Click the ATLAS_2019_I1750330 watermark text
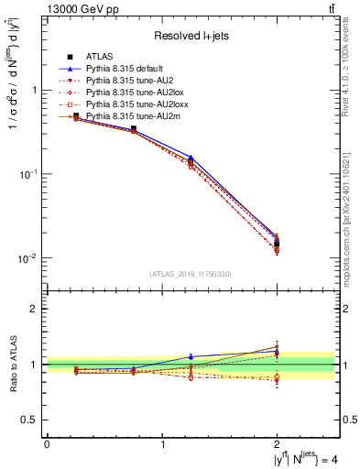click(191, 274)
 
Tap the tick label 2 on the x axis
click(278, 444)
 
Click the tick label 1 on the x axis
click(163, 444)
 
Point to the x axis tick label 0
click(47, 444)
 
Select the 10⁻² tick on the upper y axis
click(29, 258)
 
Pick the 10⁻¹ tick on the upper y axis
click(29, 174)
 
